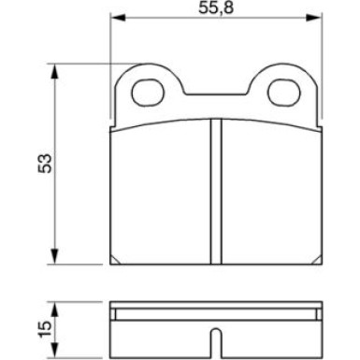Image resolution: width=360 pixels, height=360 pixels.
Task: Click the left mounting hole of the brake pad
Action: tap(148, 92)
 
